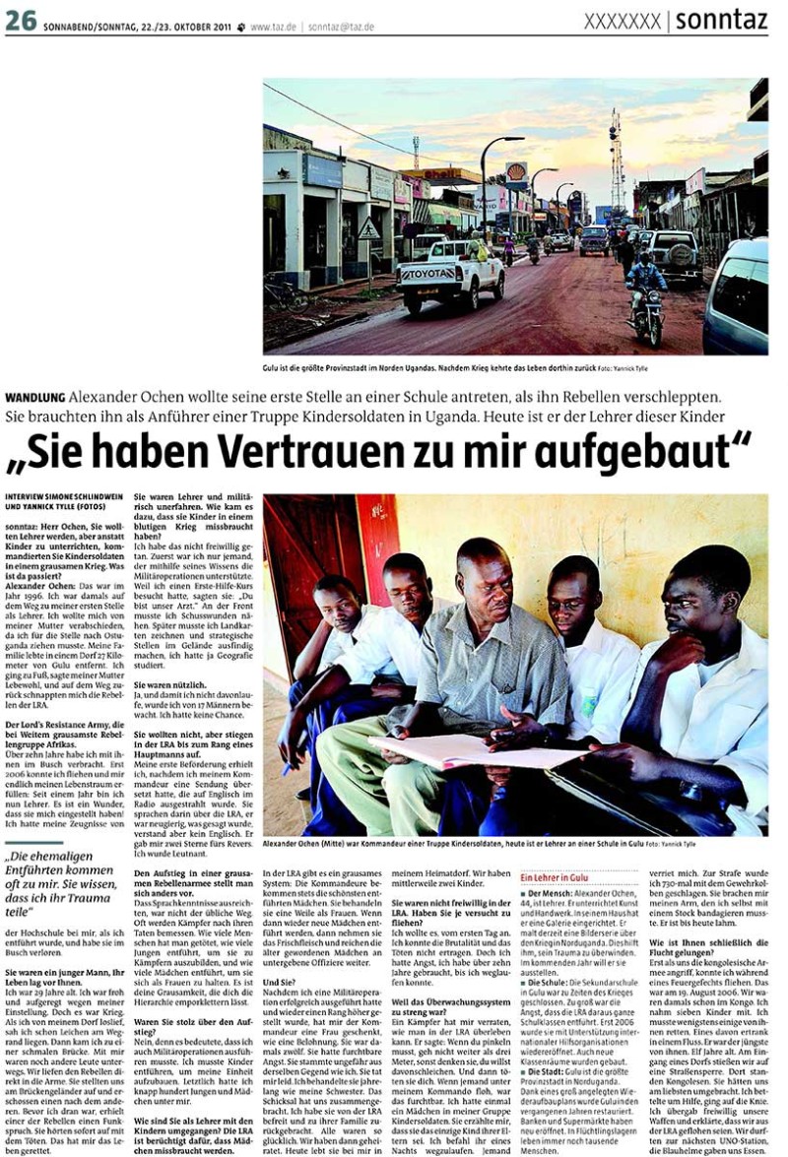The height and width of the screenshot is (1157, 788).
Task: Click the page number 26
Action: click(x=21, y=21)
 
